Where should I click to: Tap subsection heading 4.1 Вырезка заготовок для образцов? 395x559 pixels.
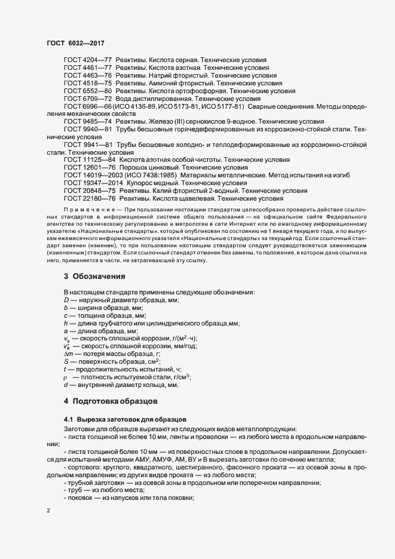(x=125, y=419)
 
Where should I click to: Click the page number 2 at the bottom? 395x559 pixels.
(x=48, y=511)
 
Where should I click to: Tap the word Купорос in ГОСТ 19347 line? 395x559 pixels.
(x=140, y=183)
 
